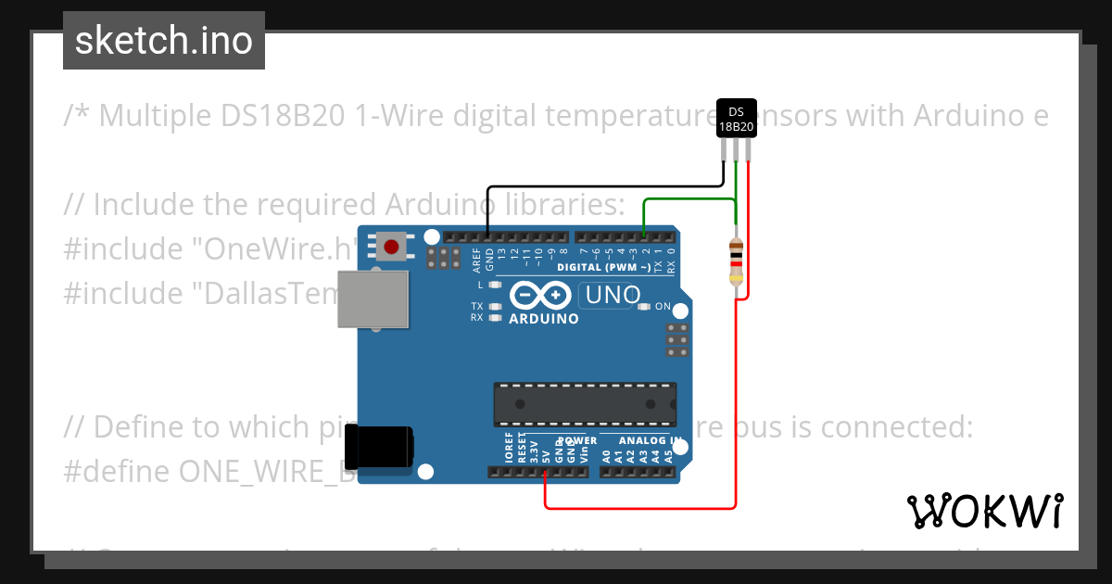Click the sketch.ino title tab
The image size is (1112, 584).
(x=164, y=41)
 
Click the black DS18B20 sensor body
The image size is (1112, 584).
(x=737, y=119)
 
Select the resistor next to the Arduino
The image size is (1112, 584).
(x=736, y=260)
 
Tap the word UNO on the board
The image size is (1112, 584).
(x=609, y=296)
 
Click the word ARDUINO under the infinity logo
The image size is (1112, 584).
(x=543, y=319)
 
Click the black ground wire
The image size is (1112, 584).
(x=602, y=187)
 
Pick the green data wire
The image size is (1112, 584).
(x=686, y=199)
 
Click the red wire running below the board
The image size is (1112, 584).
(x=639, y=508)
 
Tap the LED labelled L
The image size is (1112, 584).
(x=495, y=286)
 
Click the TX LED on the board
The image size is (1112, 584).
(x=495, y=306)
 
